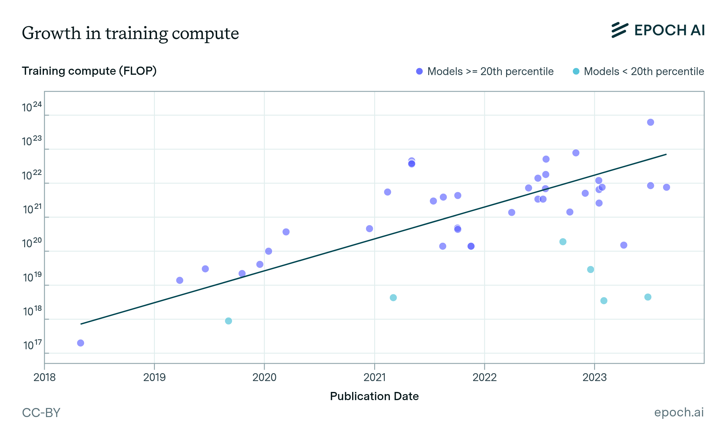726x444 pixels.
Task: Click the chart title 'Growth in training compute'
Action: (130, 33)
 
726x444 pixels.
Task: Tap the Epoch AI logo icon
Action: (620, 30)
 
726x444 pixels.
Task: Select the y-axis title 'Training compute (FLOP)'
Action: (89, 71)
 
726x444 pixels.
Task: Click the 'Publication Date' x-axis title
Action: (374, 396)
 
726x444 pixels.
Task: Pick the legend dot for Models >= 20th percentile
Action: (419, 71)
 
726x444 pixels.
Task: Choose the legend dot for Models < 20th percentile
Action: (576, 71)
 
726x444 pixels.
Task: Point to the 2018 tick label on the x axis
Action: (44, 377)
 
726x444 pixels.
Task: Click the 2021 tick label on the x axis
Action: (374, 377)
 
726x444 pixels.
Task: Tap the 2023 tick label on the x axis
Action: (594, 377)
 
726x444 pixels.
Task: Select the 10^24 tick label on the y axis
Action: (31, 107)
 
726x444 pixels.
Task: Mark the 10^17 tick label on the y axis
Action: (32, 345)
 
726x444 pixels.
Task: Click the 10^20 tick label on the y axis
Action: (31, 243)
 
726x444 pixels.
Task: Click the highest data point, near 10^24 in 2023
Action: (650, 122)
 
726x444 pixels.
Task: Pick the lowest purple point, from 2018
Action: (80, 343)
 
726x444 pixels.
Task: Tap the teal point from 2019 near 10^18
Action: (228, 321)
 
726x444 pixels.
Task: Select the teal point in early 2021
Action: (393, 298)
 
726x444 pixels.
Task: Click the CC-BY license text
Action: (41, 413)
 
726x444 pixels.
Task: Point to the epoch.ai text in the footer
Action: (679, 412)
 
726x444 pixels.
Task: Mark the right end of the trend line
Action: (666, 154)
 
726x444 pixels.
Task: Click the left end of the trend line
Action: (81, 324)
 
